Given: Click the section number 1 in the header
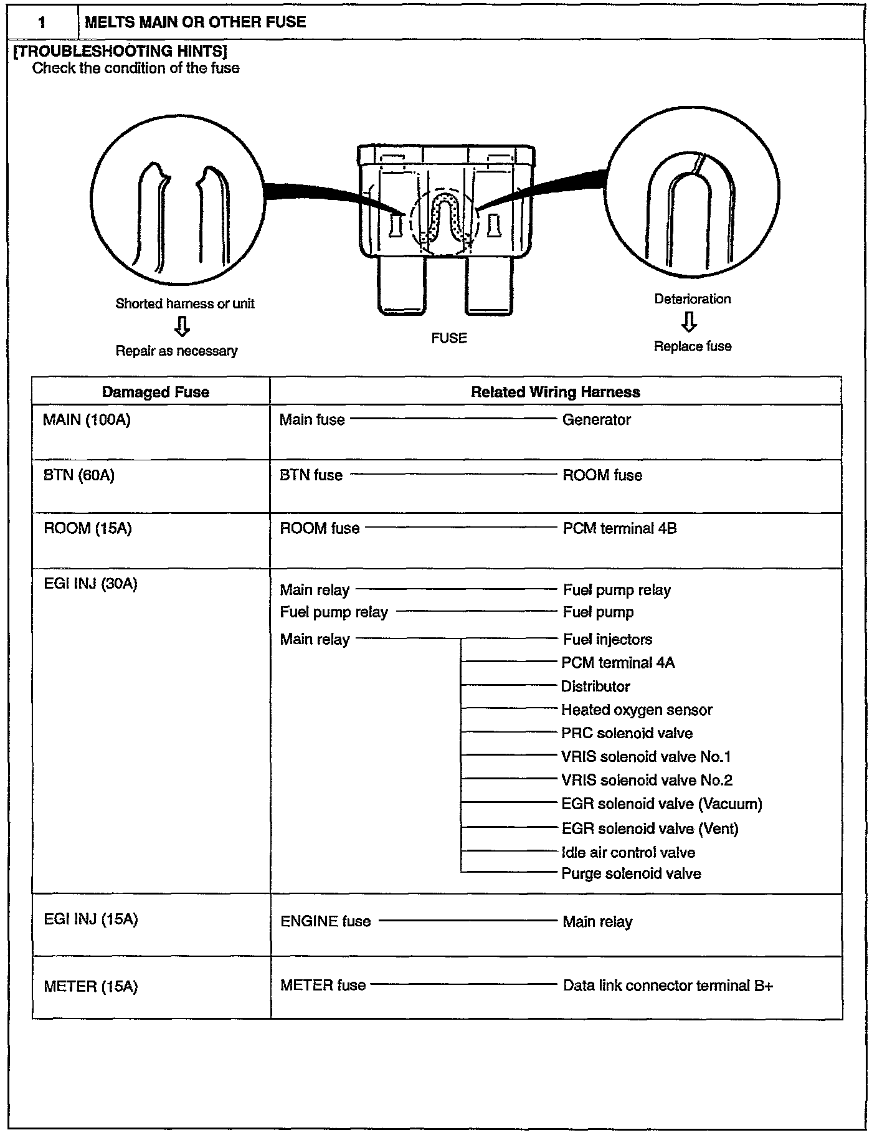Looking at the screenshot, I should [x=42, y=23].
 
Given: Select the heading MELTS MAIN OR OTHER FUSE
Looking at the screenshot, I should [x=195, y=22].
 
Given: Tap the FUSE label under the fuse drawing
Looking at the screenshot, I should [x=449, y=338].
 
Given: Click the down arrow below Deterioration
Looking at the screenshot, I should [x=689, y=322].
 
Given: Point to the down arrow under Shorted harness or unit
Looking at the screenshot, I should [x=182, y=326].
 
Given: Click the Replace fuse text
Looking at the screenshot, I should [x=692, y=346].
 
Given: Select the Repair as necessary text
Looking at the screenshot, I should [x=176, y=351].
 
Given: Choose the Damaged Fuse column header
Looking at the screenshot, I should [x=155, y=392].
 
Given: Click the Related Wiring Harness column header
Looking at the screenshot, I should [x=555, y=392].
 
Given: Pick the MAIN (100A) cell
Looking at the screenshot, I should [x=87, y=420].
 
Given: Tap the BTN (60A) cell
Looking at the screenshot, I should [x=79, y=475].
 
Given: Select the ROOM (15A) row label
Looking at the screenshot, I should [x=87, y=529].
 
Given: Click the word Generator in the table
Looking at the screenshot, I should [x=596, y=420].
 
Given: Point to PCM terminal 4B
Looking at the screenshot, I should [x=619, y=529].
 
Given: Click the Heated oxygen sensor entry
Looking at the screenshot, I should [x=637, y=710].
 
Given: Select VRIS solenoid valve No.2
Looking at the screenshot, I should [x=647, y=780].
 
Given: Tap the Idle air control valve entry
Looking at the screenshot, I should [x=628, y=852].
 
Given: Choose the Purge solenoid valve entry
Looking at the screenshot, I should [x=631, y=874].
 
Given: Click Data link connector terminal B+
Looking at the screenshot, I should [x=668, y=985].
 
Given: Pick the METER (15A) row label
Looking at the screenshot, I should [x=90, y=987].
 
